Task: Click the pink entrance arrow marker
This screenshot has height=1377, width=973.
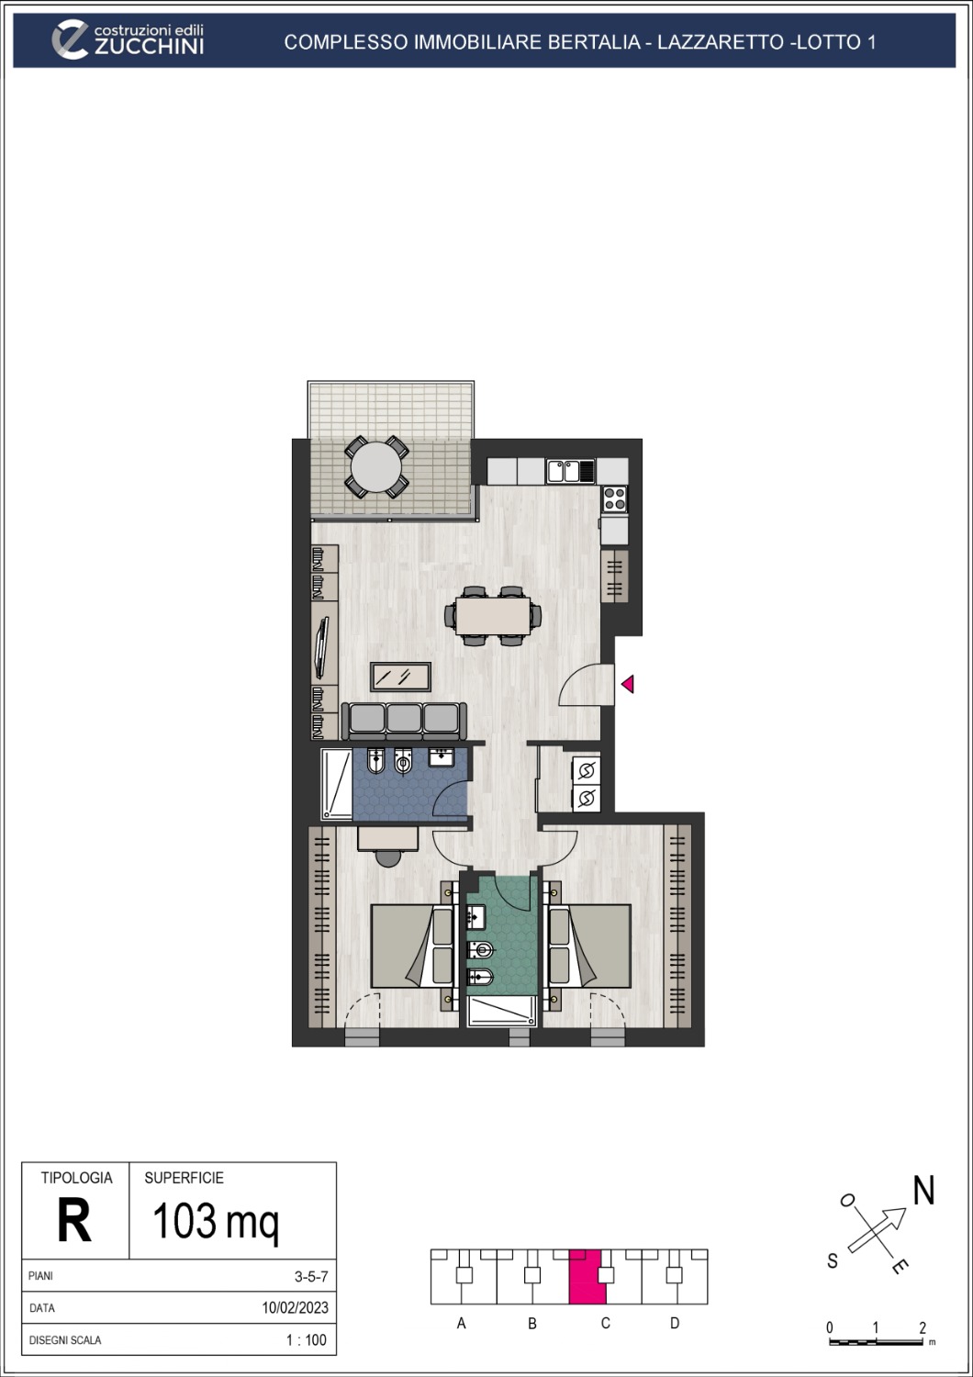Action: (628, 684)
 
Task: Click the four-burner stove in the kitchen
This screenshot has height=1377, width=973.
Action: (614, 499)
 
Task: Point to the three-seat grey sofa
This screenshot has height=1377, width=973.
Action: (404, 720)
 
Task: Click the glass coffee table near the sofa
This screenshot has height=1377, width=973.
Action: (400, 677)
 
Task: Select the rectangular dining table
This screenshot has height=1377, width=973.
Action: (493, 615)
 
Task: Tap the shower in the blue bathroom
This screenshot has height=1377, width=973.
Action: (337, 785)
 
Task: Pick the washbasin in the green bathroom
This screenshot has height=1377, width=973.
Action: (475, 917)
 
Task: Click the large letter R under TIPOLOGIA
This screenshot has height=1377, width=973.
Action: (74, 1222)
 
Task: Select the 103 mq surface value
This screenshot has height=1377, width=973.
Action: (215, 1222)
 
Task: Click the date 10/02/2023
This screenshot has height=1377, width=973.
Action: (295, 1308)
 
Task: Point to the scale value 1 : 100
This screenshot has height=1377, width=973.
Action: (306, 1340)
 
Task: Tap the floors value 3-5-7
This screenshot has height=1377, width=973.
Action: (310, 1276)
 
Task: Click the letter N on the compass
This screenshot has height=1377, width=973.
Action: (923, 1191)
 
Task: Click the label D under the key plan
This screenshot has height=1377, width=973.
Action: (675, 1324)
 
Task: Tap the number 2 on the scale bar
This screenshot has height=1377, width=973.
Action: (923, 1328)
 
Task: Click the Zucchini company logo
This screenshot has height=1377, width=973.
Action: (128, 40)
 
